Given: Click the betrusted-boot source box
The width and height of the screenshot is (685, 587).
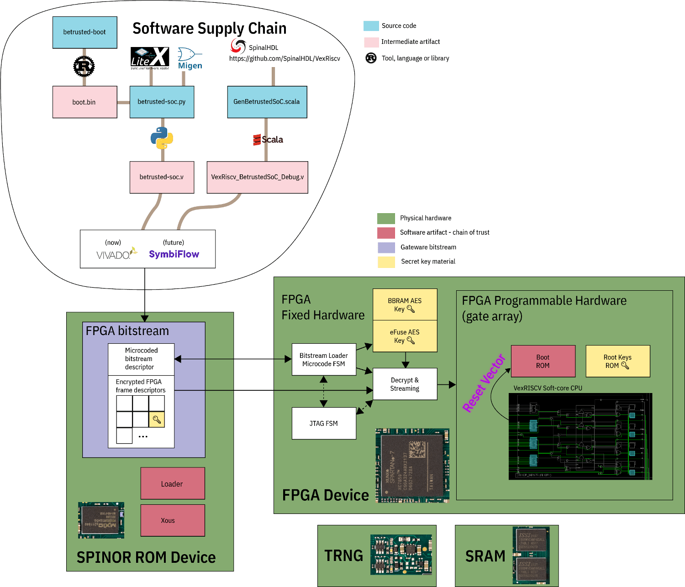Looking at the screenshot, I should click(x=84, y=32).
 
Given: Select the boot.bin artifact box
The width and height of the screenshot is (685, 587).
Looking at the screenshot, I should click(x=84, y=102).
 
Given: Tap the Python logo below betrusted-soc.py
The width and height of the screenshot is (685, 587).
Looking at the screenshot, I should click(x=162, y=138).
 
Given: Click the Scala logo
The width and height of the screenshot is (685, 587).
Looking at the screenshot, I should click(x=268, y=140).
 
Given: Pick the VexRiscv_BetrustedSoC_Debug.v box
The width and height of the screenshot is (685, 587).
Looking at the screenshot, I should click(x=257, y=177).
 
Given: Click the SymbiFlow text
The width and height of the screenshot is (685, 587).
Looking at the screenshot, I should click(x=174, y=254).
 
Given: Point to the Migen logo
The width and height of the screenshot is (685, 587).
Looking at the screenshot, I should click(x=190, y=58).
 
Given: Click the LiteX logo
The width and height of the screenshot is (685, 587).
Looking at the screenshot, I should click(x=150, y=58).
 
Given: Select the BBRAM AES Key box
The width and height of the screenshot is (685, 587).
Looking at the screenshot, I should click(x=405, y=304).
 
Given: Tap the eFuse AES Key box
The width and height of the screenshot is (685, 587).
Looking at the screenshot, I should click(x=405, y=336).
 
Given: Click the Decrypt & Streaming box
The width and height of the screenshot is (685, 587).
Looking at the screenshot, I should click(x=405, y=384).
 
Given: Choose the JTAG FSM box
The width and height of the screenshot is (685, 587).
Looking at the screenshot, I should click(x=324, y=424).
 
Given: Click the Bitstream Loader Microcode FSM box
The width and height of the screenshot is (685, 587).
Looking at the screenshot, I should click(x=324, y=360).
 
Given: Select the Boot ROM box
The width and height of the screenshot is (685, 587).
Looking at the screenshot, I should click(x=543, y=361).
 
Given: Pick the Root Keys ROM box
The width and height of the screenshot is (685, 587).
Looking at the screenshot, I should click(x=617, y=361).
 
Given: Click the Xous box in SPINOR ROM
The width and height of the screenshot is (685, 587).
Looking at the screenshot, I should click(x=172, y=520).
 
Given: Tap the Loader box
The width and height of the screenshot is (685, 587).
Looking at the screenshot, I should click(x=172, y=483).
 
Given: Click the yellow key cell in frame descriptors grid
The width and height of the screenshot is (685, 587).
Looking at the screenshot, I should click(x=157, y=419).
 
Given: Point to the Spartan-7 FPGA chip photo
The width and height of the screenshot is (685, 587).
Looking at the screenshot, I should click(x=412, y=466).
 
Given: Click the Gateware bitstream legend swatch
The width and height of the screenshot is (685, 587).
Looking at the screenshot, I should click(x=386, y=247).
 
